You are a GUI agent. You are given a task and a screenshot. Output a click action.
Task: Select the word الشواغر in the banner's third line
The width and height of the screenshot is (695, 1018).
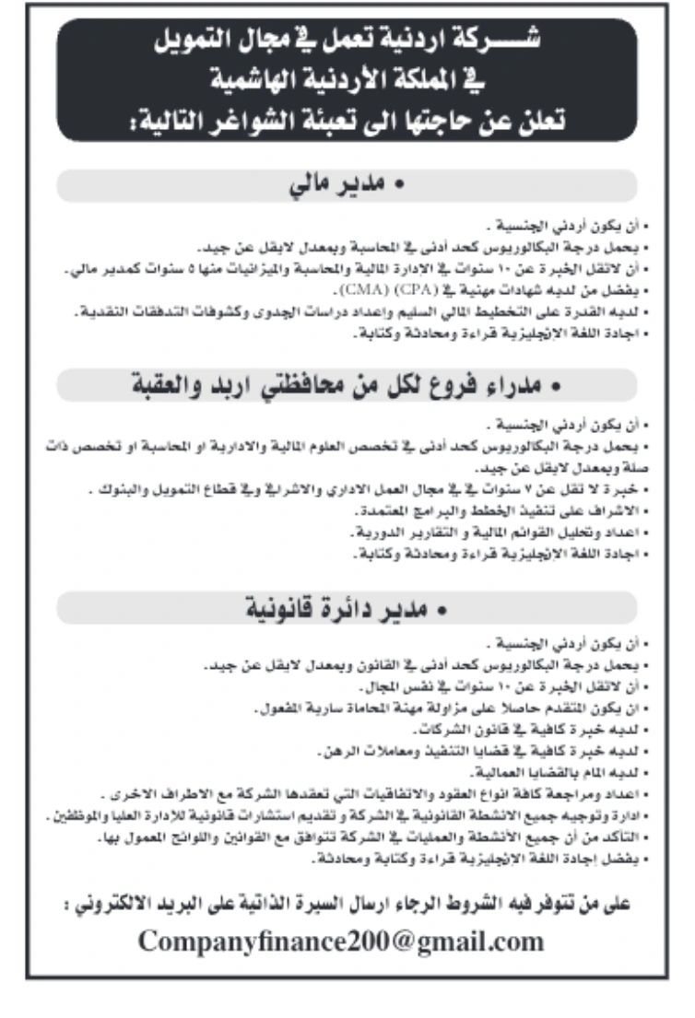click(241, 119)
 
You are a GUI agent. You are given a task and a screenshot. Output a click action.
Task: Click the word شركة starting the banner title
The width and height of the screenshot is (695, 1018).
click(495, 41)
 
